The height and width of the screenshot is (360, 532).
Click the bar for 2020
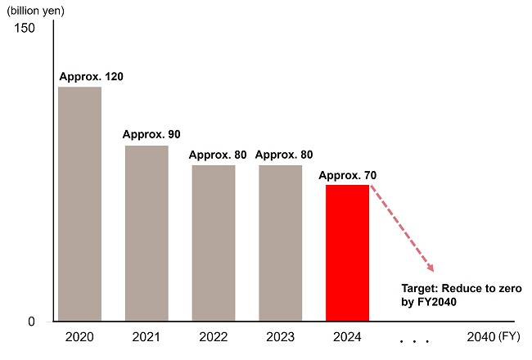point(79,204)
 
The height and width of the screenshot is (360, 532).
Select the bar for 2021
point(147,233)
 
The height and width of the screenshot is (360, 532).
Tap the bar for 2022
point(214,243)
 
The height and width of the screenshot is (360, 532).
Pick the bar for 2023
point(280,243)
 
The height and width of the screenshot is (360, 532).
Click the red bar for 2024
point(347,253)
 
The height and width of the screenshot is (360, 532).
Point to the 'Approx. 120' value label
point(91,76)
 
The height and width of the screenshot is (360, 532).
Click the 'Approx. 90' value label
point(151,134)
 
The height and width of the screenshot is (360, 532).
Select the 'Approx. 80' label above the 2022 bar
point(218,155)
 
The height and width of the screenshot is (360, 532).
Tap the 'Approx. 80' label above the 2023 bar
point(284,155)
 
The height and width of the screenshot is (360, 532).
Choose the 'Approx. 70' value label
point(348,175)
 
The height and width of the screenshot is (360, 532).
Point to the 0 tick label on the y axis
point(31,321)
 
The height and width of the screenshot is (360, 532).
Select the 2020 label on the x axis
point(79,337)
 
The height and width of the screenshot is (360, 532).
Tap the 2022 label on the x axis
point(214,337)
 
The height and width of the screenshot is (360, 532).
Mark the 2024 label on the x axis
point(347,337)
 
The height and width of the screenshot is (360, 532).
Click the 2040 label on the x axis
point(480,337)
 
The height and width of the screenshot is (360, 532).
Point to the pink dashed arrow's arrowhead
point(430,268)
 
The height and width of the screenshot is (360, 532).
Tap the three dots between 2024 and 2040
point(414,340)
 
